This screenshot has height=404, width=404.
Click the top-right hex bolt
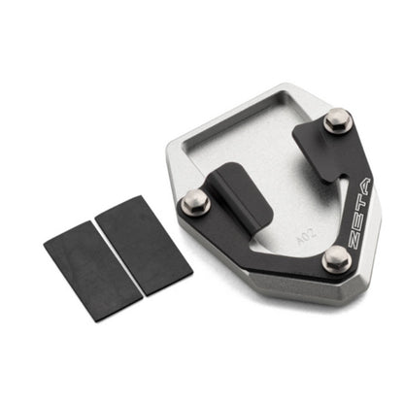pos(337,120)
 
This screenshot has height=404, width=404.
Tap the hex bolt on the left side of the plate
pos(195,202)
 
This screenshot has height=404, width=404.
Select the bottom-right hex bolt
pos(336,257)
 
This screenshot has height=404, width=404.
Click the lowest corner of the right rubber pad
pos(143,294)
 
